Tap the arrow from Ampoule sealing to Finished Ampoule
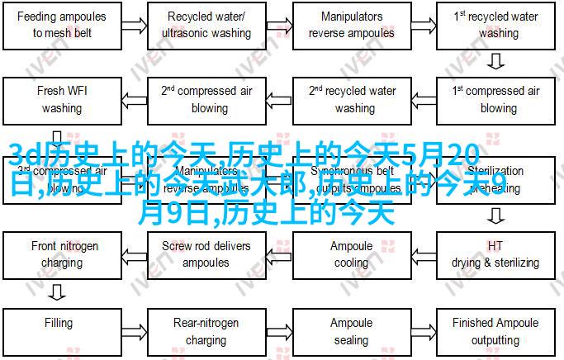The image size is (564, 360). coord(423,331)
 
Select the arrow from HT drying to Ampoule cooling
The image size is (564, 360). coord(423,254)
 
